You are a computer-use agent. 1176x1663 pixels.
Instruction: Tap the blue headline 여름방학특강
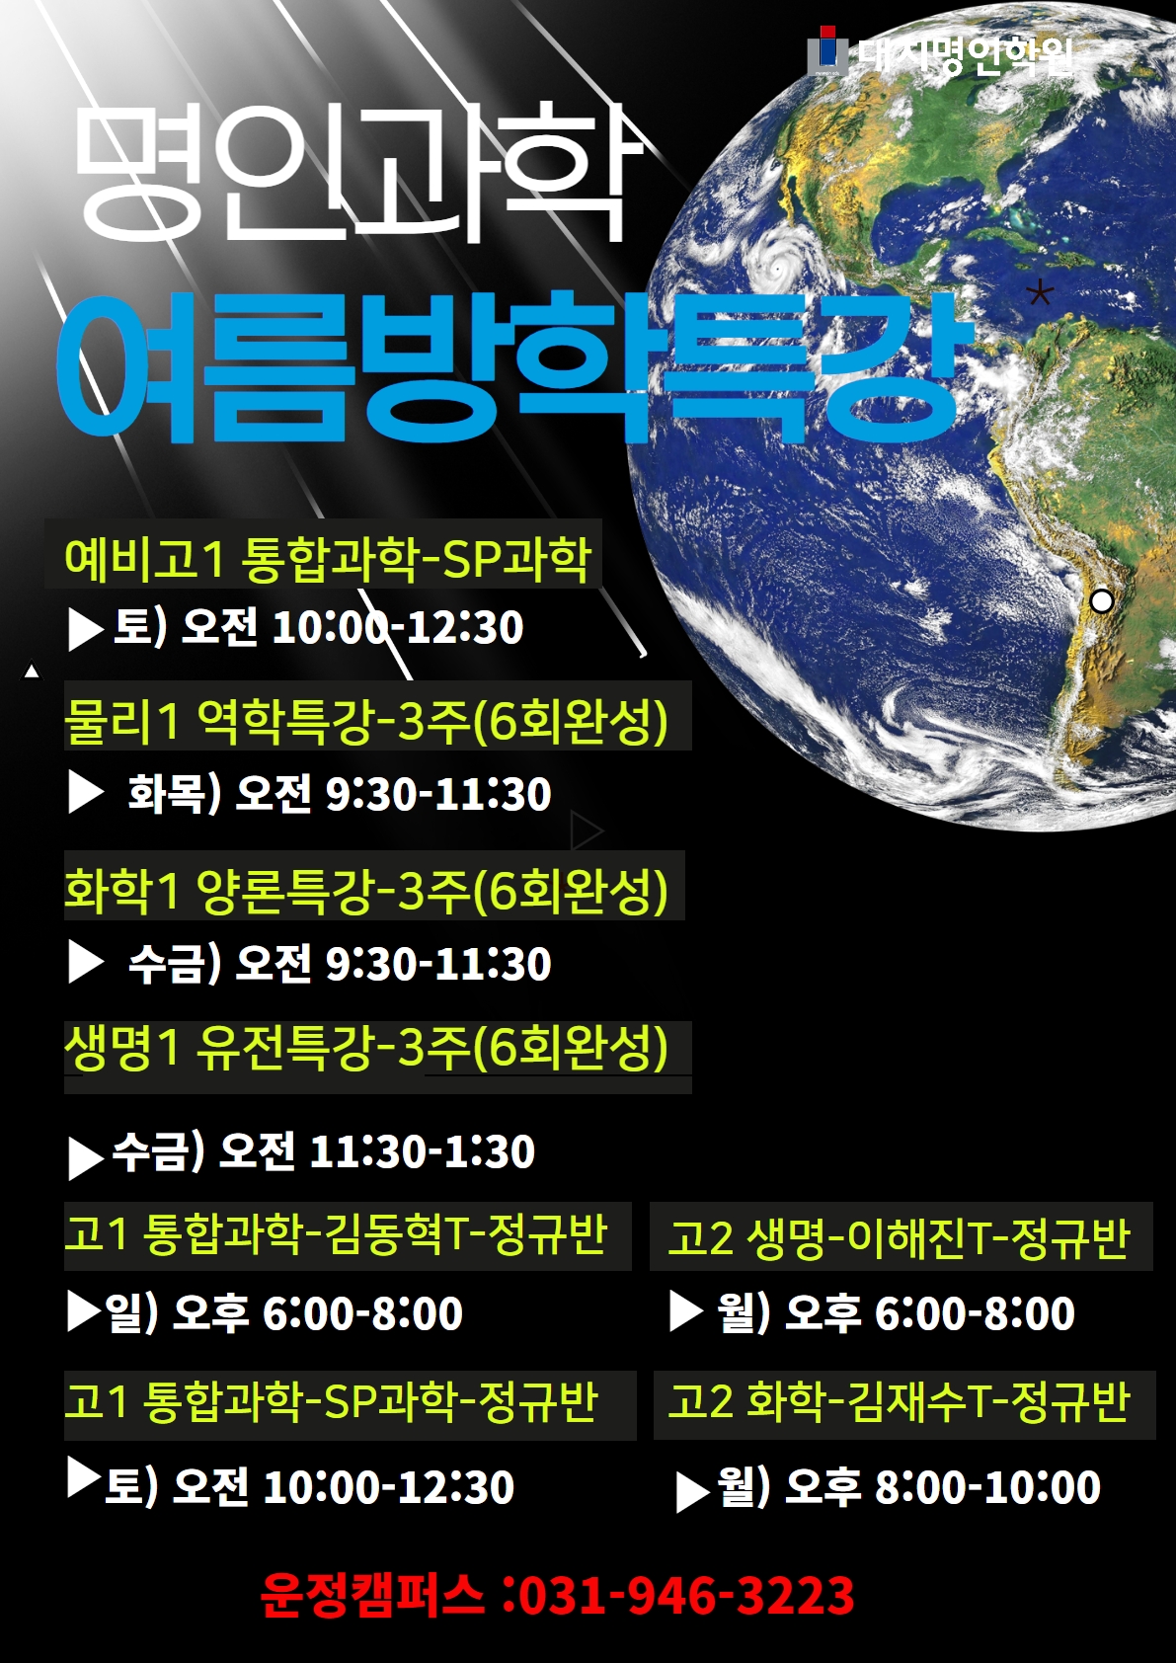pyautogui.click(x=514, y=367)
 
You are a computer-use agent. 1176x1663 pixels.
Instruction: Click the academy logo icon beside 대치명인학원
pyautogui.click(x=827, y=50)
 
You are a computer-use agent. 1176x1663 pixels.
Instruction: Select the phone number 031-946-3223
pyautogui.click(x=686, y=1595)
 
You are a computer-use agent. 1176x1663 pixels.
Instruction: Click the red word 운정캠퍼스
pyautogui.click(x=372, y=1595)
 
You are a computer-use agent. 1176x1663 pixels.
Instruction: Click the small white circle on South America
pyautogui.click(x=1102, y=600)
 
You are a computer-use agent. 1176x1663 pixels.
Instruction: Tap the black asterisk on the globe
pyautogui.click(x=1040, y=292)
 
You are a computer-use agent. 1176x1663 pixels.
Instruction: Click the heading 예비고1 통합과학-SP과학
pyautogui.click(x=328, y=559)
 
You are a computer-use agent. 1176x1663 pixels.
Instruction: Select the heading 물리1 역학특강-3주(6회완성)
pyautogui.click(x=366, y=721)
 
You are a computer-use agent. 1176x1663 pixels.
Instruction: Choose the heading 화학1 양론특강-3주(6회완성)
pyautogui.click(x=366, y=890)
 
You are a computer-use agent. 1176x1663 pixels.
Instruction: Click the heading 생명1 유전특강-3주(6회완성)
pyautogui.click(x=366, y=1048)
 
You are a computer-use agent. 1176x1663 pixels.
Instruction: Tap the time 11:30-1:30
pyautogui.click(x=422, y=1151)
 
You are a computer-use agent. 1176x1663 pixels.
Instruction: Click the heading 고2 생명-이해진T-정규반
pyautogui.click(x=900, y=1237)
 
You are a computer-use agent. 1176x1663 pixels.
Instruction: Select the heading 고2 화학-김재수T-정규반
pyautogui.click(x=900, y=1401)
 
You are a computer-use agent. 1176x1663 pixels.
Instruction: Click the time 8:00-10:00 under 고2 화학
pyautogui.click(x=987, y=1487)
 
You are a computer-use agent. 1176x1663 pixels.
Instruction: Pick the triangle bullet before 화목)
pyautogui.click(x=85, y=791)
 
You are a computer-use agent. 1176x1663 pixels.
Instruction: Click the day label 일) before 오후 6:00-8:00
pyautogui.click(x=131, y=1312)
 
